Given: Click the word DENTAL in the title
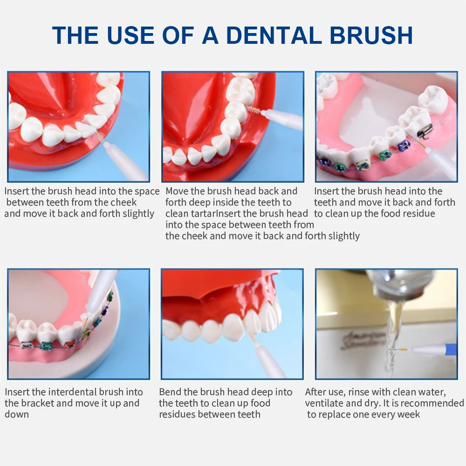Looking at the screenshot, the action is pos(274,35).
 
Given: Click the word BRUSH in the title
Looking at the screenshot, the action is pos(371,35).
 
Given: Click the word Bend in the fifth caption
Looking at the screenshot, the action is pos(170,392).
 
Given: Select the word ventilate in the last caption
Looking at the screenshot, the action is pos(324,403).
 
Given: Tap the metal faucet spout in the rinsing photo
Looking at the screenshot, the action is pos(395,285).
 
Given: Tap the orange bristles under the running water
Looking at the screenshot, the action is pos(402,350).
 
